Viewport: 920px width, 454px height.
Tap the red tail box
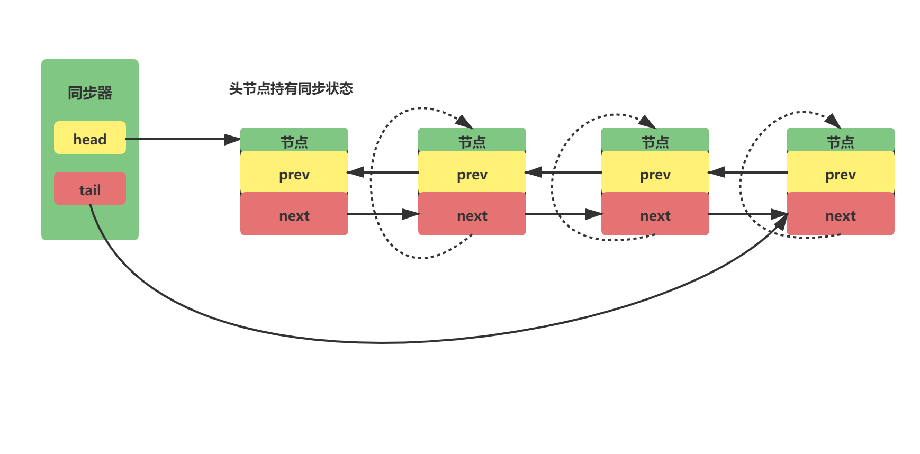(x=90, y=188)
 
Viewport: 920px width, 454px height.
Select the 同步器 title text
(x=90, y=93)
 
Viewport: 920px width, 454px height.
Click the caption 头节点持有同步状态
(x=291, y=88)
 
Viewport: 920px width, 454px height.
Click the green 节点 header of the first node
(x=294, y=140)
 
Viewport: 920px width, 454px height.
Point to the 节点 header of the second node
(x=472, y=140)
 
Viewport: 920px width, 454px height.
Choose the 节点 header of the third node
(x=655, y=140)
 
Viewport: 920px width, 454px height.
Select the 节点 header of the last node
(x=841, y=140)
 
